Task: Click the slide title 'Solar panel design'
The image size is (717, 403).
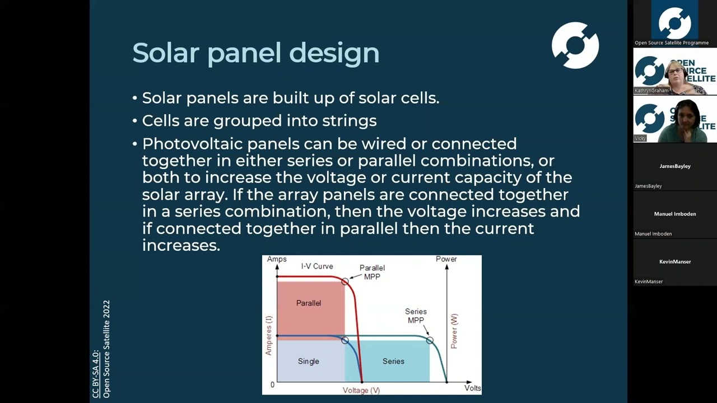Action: (x=255, y=53)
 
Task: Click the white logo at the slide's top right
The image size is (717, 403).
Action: (x=575, y=45)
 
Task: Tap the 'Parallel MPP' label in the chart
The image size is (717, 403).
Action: (x=372, y=272)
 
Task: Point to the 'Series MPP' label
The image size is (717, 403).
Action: (x=416, y=316)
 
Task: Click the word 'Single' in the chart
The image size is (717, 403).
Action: (x=309, y=361)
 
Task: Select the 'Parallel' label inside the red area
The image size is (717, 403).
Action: (x=309, y=303)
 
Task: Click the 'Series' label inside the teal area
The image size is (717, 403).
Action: (x=393, y=361)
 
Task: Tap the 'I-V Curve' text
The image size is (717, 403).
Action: (x=317, y=266)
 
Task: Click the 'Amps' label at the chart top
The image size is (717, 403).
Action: (x=277, y=259)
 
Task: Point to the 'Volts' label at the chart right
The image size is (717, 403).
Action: (x=472, y=387)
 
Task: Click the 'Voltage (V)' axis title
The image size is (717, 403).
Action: (x=361, y=390)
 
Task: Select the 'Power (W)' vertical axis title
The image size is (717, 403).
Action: (x=454, y=331)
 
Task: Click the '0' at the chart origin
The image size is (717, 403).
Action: (x=273, y=385)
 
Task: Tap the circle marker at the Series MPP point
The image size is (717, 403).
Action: (x=430, y=340)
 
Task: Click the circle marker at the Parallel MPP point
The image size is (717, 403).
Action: (x=345, y=281)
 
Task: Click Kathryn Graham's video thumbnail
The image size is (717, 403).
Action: (x=674, y=72)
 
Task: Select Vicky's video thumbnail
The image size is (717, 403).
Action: (x=674, y=119)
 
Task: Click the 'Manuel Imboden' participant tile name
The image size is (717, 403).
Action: (x=674, y=214)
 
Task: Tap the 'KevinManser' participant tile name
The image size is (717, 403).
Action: (x=674, y=261)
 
